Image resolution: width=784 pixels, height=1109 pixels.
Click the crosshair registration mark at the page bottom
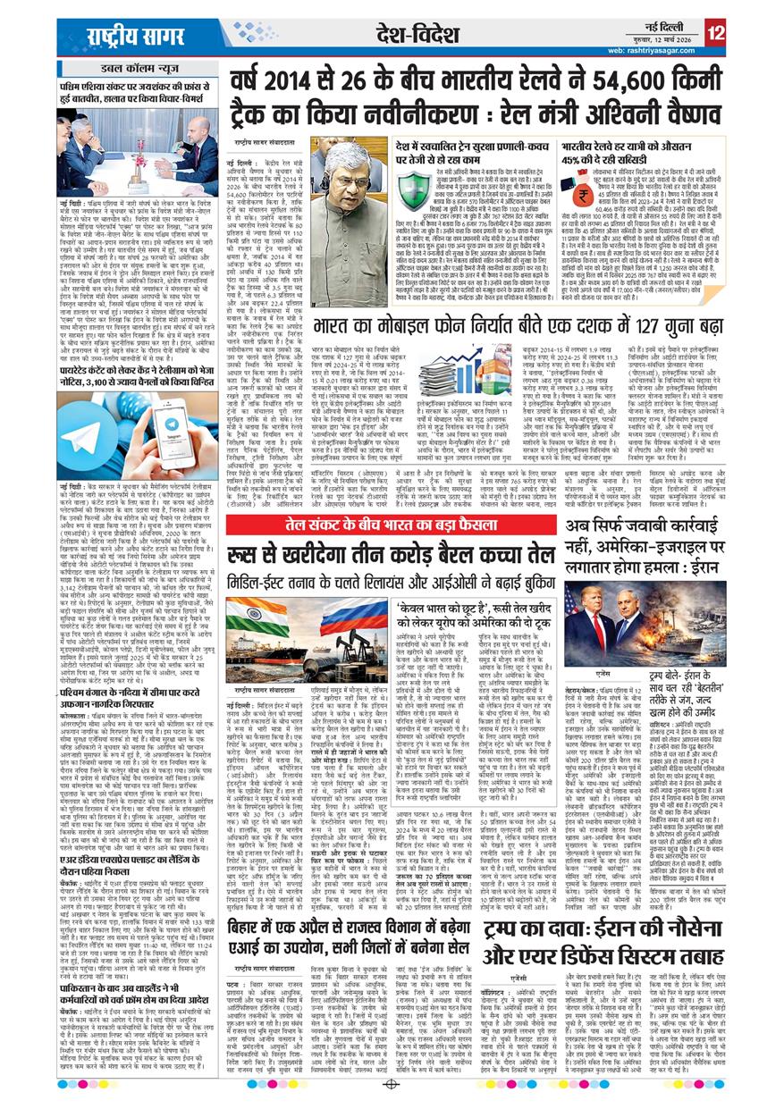pos(392,1084)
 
